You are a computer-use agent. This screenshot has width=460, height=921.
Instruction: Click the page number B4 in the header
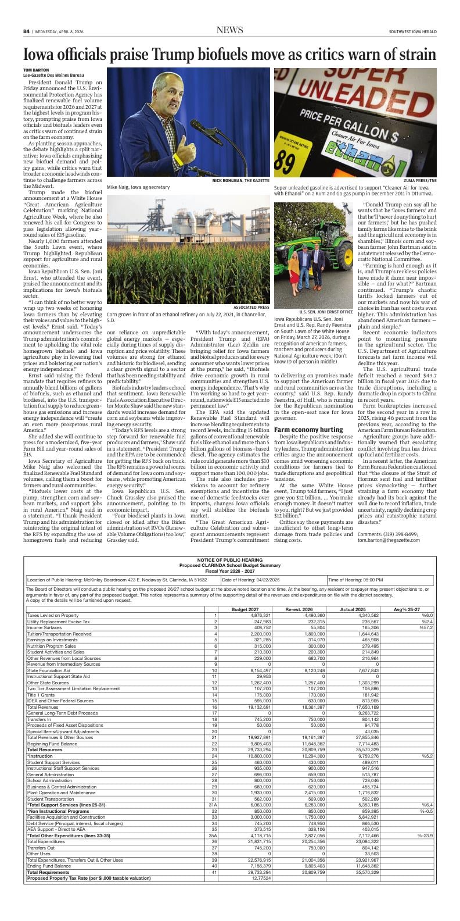tap(26, 31)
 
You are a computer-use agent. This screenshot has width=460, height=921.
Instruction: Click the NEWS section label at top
tap(229, 30)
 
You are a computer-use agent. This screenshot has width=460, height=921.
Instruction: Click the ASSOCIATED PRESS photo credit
tap(251, 307)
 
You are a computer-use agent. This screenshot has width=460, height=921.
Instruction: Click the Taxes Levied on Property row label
tap(53, 615)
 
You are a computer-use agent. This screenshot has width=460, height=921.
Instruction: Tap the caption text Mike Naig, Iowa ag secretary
tap(138, 187)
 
